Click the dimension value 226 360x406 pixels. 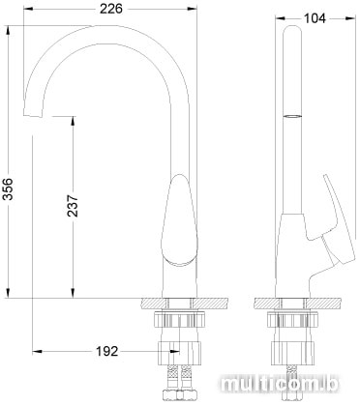pyautogui.click(x=111, y=9)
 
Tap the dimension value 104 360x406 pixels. pyautogui.click(x=315, y=18)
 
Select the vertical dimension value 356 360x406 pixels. pyautogui.click(x=9, y=188)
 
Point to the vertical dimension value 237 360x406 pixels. pyautogui.click(x=74, y=205)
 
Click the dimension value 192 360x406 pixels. pyautogui.click(x=107, y=351)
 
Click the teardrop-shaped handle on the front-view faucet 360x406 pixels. pyautogui.click(x=178, y=220)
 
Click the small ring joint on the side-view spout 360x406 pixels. pyautogui.click(x=292, y=116)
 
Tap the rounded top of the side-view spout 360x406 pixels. pyautogui.click(x=292, y=30)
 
